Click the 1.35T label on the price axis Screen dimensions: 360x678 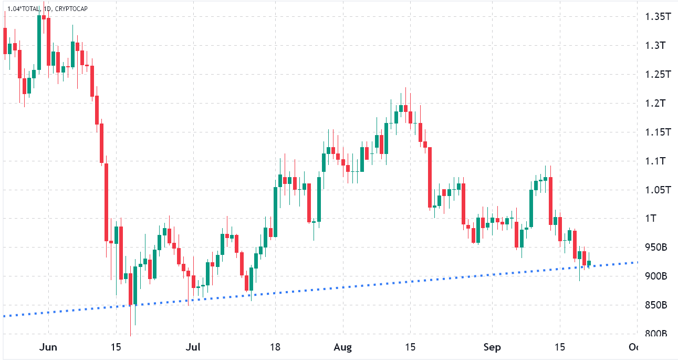[657, 17]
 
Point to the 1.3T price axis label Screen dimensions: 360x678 [655, 46]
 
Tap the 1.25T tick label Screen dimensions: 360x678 [657, 75]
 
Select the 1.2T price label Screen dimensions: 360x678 [655, 103]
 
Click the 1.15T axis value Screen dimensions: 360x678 [657, 132]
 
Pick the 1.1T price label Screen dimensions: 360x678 [655, 161]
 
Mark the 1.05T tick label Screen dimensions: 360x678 [657, 190]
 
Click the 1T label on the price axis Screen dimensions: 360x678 [651, 219]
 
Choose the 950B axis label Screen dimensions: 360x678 [656, 248]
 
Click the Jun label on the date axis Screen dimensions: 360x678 [48, 347]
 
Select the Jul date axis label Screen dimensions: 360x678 [194, 347]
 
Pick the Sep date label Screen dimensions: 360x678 [492, 347]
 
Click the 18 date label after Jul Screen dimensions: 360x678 [275, 347]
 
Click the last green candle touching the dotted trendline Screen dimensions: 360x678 [589, 263]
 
